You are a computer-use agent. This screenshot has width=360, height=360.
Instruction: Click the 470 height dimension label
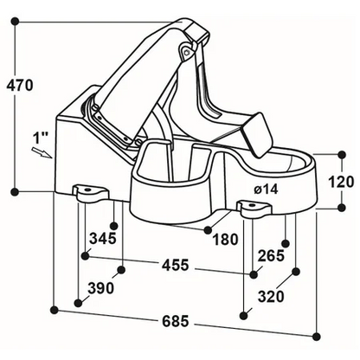pos(20,85)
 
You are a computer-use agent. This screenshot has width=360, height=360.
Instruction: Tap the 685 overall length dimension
pos(176,321)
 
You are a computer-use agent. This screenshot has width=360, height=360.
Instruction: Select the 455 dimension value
pos(176,265)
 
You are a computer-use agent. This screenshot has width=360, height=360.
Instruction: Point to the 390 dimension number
pos(101,288)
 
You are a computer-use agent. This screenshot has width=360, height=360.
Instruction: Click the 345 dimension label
pos(102,238)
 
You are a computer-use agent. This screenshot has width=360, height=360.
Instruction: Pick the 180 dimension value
pos(225,239)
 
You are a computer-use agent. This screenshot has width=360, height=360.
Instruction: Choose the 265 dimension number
pos(271,255)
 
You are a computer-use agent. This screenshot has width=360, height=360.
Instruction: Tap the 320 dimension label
pos(271,297)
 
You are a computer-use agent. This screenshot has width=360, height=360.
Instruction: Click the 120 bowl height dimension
pos(341,182)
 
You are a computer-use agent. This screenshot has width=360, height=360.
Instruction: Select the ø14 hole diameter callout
pos(266,190)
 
